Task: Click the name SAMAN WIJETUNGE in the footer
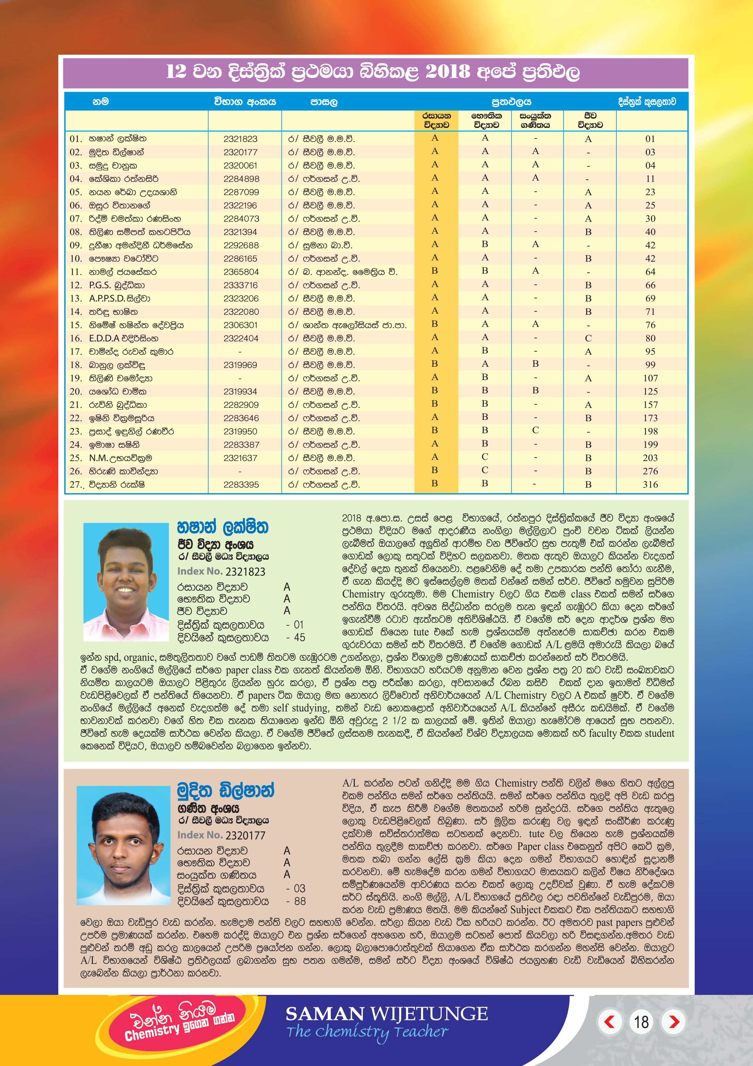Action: click(387, 1013)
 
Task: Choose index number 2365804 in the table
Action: click(240, 272)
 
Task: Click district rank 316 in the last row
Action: click(650, 485)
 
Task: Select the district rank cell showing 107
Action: click(650, 378)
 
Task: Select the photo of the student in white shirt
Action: click(123, 845)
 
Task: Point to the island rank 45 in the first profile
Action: click(299, 638)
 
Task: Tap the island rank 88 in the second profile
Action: click(300, 901)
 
